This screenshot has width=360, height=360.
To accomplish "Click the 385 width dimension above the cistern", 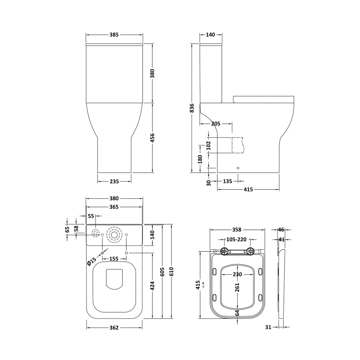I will coord(114,35).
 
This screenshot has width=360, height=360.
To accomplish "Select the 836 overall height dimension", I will coord(192,108).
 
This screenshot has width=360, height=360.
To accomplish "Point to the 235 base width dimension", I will coord(114,181).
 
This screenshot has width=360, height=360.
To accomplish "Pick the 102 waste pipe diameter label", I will coord(208,145).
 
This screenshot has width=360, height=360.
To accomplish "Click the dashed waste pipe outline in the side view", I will coord(238,145).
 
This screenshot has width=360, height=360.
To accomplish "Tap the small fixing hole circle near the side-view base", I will coord(238,168).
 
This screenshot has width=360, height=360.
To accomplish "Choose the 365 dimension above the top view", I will coord(114,207).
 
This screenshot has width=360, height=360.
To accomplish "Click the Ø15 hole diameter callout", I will coord(92,261).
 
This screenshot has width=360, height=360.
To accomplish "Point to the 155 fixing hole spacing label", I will coord(114,259).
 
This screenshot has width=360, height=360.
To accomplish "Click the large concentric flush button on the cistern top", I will coord(114,234).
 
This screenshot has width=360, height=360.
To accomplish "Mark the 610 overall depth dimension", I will coord(171,271).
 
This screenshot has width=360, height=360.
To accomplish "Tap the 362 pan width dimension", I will coord(114,327).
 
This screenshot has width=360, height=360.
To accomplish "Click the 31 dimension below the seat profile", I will coord(268,327).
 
